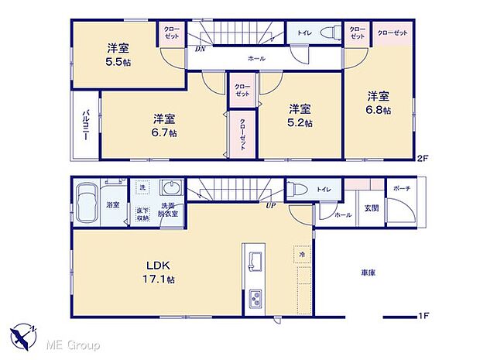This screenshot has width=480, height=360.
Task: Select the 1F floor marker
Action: pyautogui.click(x=423, y=317)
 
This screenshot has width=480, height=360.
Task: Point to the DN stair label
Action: pyautogui.click(x=200, y=49)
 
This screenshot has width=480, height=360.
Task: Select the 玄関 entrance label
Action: pyautogui.click(x=372, y=207)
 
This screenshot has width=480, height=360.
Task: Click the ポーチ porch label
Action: pyautogui.click(x=402, y=188)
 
